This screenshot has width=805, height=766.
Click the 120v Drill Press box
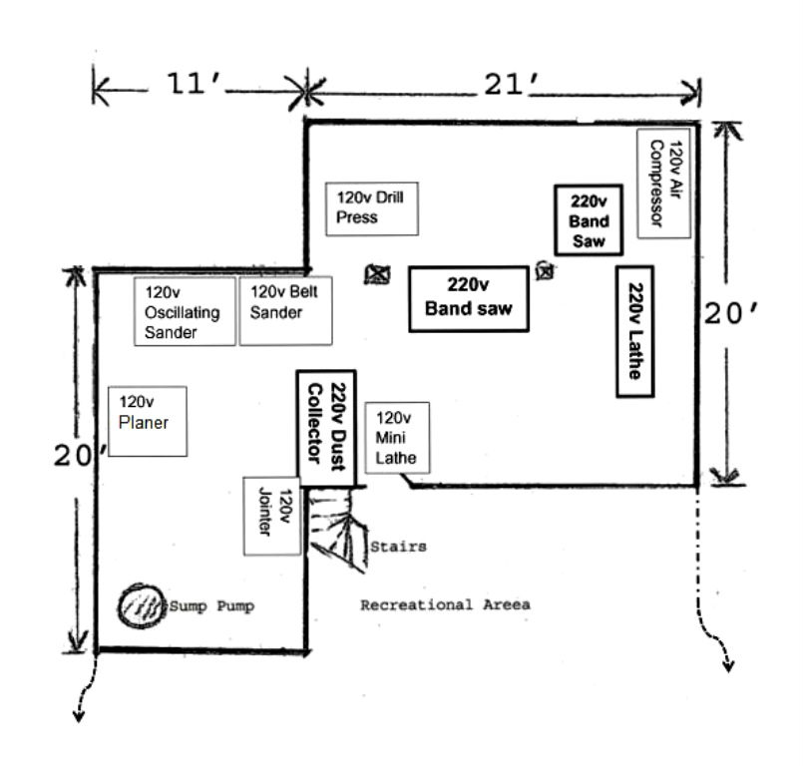point(371,207)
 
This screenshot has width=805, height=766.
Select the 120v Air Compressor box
point(664,183)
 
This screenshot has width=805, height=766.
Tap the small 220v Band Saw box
point(589,219)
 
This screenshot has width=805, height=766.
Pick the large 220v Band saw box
point(468,297)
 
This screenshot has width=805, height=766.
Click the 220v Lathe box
point(634,331)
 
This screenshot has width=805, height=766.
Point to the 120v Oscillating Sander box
point(186,311)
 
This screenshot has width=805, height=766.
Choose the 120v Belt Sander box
point(276,311)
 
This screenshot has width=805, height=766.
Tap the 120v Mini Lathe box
point(397,437)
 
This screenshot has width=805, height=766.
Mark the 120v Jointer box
point(272,515)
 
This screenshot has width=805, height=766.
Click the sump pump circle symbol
point(140,604)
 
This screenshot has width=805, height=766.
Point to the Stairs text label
point(398,547)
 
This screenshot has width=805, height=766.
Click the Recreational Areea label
point(445,604)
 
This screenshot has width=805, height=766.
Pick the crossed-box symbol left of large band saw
point(376,274)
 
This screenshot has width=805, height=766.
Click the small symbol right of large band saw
point(545,269)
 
